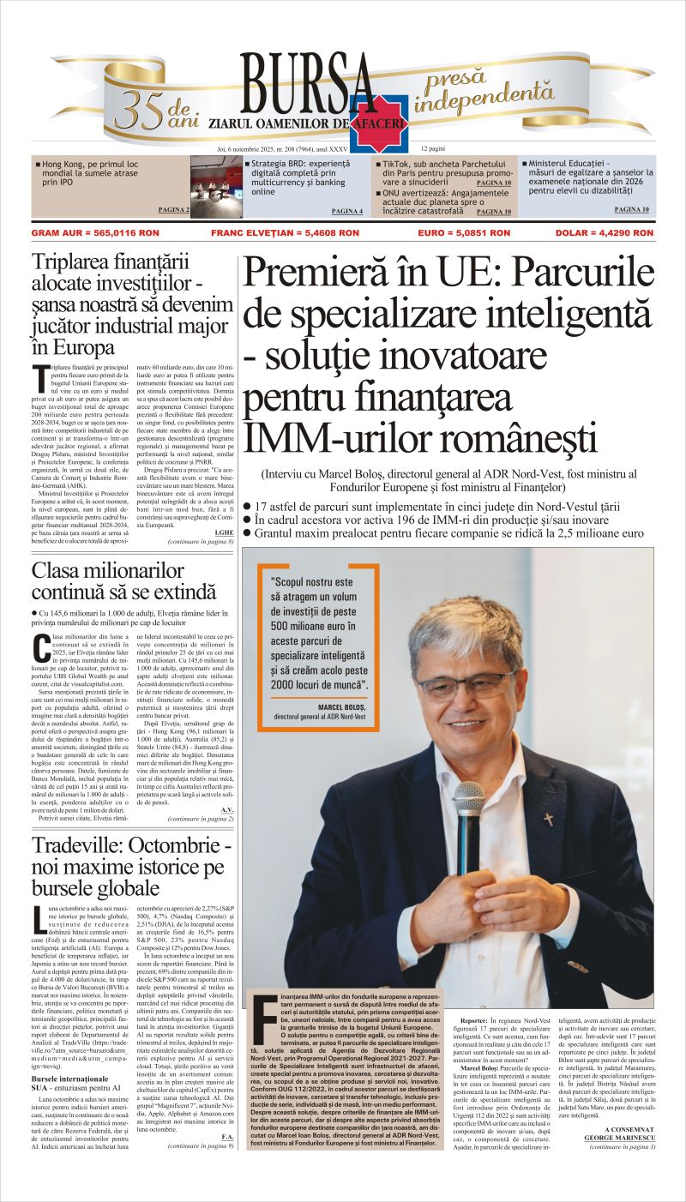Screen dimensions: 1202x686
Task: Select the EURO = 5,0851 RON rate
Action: click(x=463, y=232)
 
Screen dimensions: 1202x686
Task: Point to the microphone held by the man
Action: click(x=468, y=814)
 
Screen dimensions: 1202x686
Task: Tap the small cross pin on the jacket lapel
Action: click(x=548, y=820)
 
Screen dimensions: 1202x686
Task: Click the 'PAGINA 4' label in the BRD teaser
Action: click(x=346, y=211)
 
